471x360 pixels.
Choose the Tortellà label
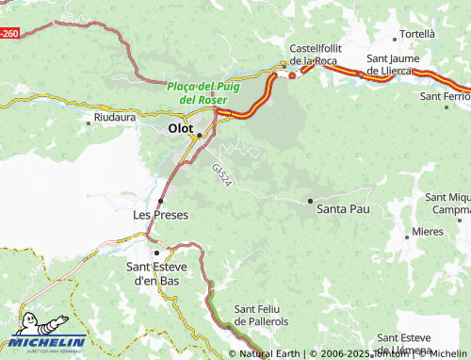(x=417, y=34)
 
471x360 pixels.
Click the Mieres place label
(x=428, y=231)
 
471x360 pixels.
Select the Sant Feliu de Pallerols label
(x=268, y=315)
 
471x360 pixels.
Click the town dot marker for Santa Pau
(x=311, y=201)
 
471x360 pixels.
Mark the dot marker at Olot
(x=199, y=135)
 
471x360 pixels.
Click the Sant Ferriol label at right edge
(x=445, y=97)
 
